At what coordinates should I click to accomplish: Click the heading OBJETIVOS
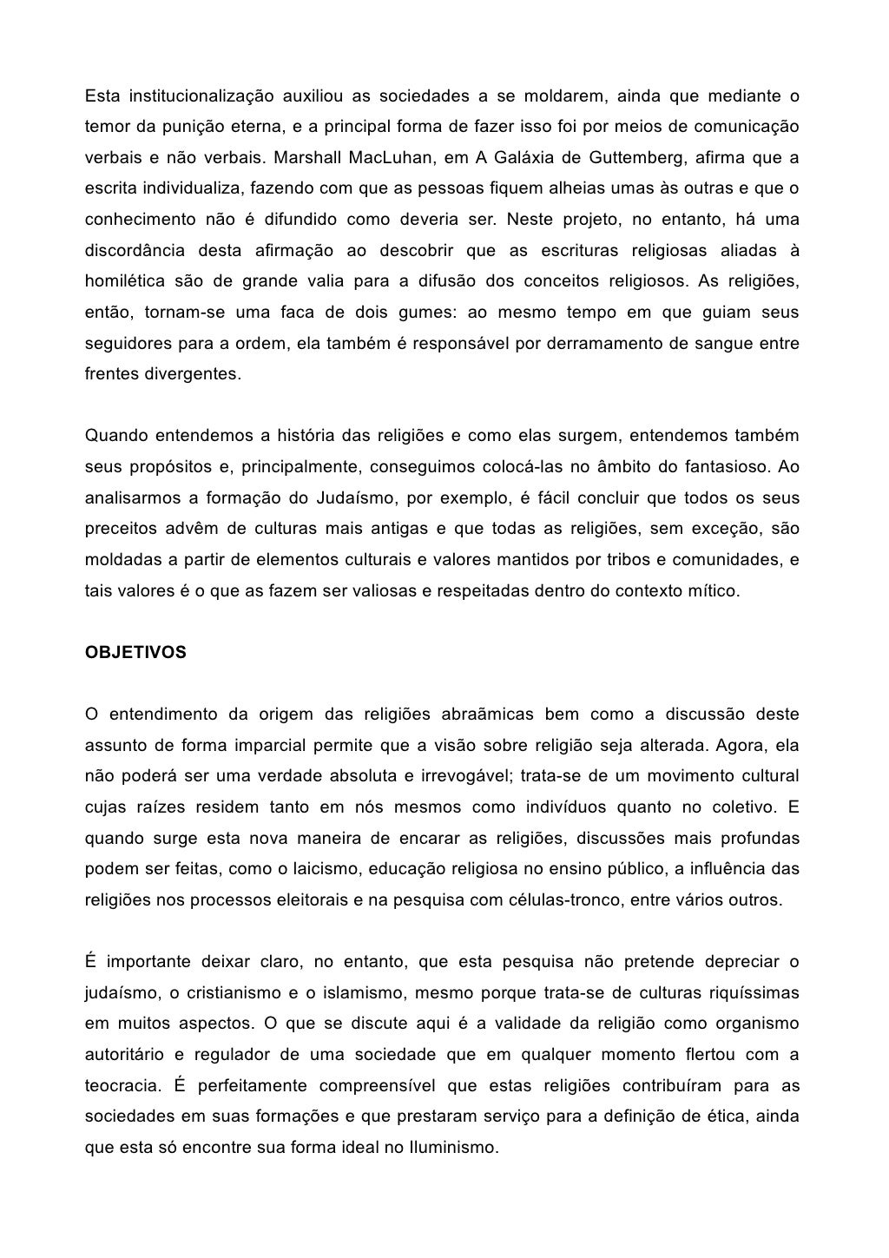[x=135, y=653]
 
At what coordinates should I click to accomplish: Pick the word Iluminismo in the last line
[x=452, y=1146]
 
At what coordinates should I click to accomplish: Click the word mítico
[x=714, y=591]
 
